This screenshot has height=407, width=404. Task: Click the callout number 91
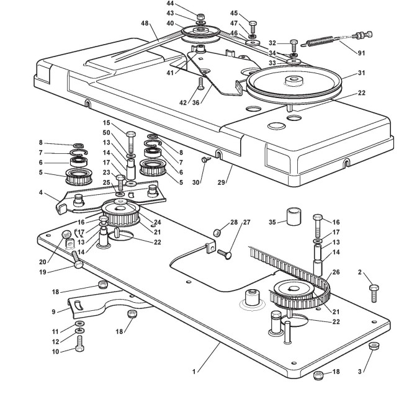pos(361,53)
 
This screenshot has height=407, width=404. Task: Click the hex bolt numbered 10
pos(79,346)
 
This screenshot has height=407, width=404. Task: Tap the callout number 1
pos(194,371)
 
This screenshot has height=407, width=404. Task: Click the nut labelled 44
pos(200,16)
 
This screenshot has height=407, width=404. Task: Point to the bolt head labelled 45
pos(254,23)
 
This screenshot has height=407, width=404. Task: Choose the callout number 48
pos(145,24)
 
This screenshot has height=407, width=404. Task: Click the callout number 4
pos(41,192)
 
